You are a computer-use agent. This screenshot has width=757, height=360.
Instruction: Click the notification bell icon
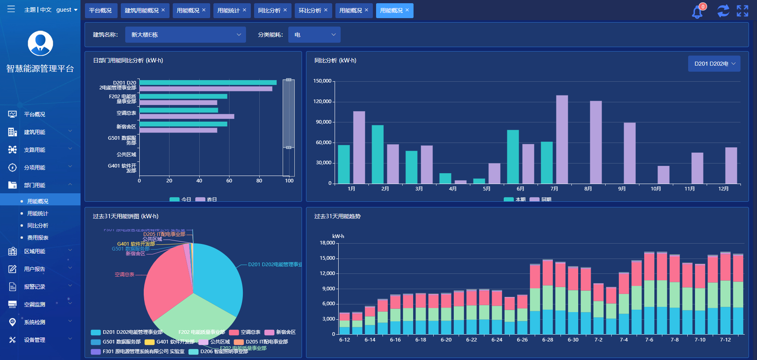click(697, 12)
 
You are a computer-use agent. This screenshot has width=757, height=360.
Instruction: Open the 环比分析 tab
click(310, 10)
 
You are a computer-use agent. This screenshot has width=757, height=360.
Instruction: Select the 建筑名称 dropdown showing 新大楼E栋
click(185, 35)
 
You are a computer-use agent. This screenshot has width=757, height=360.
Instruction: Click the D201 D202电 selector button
click(714, 64)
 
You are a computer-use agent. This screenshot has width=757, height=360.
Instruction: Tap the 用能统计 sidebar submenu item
click(37, 213)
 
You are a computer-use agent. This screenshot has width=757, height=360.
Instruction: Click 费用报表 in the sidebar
click(37, 238)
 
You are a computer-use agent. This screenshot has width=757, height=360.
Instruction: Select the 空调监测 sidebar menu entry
click(35, 304)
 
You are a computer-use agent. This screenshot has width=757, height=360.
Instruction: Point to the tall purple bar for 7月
click(562, 139)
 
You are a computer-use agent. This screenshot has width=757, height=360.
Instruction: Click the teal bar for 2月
click(377, 154)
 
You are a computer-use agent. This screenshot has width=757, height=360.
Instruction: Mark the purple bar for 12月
click(731, 166)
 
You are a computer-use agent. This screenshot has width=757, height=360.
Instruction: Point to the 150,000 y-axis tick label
click(322, 81)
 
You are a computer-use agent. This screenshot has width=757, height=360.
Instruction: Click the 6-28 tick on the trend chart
click(548, 340)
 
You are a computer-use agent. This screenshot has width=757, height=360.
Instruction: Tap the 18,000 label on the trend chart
click(327, 243)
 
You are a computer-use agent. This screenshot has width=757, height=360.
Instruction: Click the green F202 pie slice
click(193, 316)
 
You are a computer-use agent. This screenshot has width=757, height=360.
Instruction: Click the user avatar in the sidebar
click(40, 43)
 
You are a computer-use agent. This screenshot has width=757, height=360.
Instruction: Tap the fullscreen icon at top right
click(742, 11)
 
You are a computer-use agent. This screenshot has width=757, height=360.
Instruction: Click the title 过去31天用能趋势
click(337, 216)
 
